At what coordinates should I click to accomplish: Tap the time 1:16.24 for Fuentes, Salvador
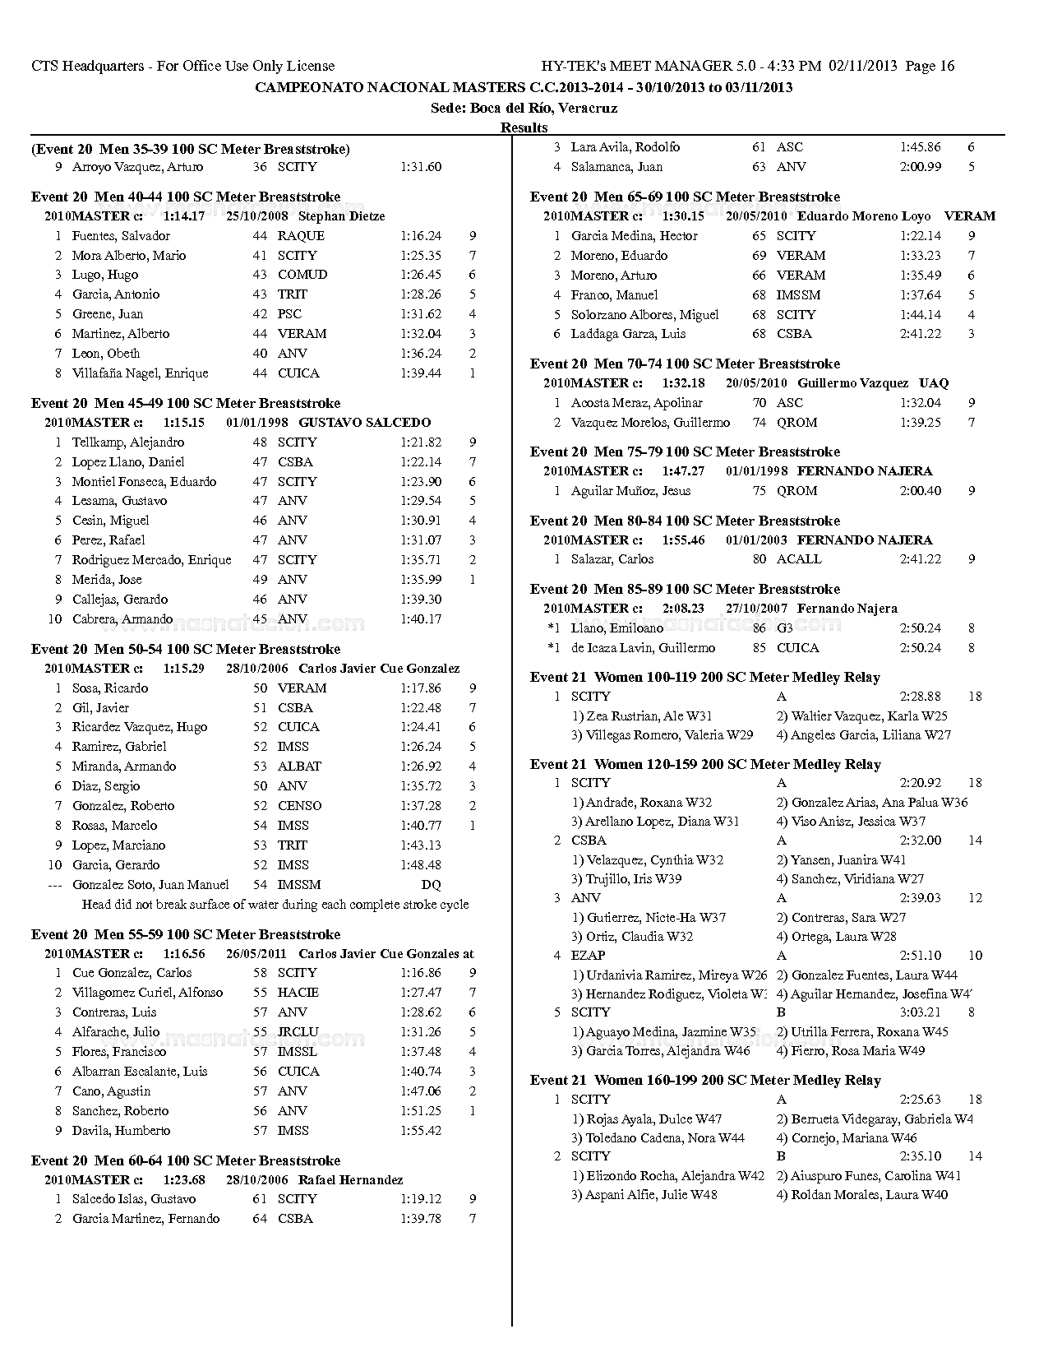(x=421, y=236)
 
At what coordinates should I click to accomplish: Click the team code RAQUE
(x=301, y=236)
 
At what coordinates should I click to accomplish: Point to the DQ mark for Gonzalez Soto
(x=431, y=885)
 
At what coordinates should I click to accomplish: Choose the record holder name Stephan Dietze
(x=341, y=216)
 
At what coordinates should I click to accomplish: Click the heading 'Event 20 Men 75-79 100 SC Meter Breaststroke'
(x=685, y=452)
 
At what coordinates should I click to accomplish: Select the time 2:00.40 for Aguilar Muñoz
(x=920, y=491)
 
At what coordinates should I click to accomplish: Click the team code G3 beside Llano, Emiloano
(x=785, y=628)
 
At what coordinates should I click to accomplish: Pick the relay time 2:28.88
(x=920, y=697)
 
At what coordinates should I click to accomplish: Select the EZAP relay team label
(x=588, y=956)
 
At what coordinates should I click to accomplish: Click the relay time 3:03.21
(x=920, y=1012)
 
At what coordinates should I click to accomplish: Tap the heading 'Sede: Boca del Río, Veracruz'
(x=524, y=108)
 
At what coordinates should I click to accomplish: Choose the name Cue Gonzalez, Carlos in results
(x=120, y=973)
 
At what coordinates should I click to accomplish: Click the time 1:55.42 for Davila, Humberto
(x=421, y=1131)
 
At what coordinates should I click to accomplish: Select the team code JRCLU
(x=298, y=1032)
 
